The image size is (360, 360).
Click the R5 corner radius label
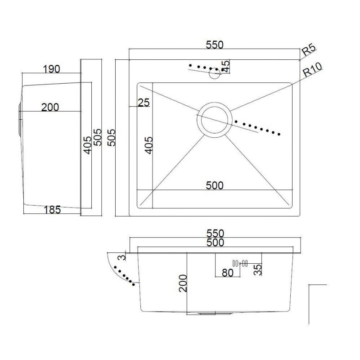309,50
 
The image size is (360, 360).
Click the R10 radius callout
312,70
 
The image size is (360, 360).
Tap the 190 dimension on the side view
51,69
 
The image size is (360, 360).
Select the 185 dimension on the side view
52,210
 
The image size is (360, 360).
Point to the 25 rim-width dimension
144,103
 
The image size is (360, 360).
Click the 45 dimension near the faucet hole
226,66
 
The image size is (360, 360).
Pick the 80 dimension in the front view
228,273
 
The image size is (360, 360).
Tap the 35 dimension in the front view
257,270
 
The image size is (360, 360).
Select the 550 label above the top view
215,45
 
